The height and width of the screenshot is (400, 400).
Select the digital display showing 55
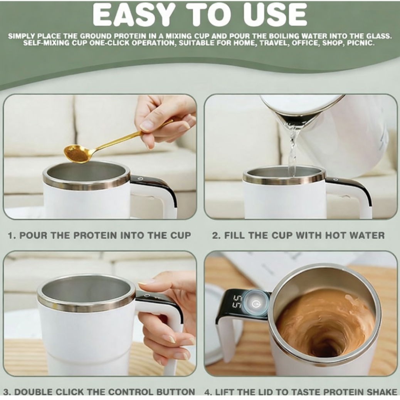click(238, 301)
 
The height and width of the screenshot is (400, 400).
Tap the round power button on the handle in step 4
click(255, 303)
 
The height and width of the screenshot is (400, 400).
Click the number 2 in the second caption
click(215, 235)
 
